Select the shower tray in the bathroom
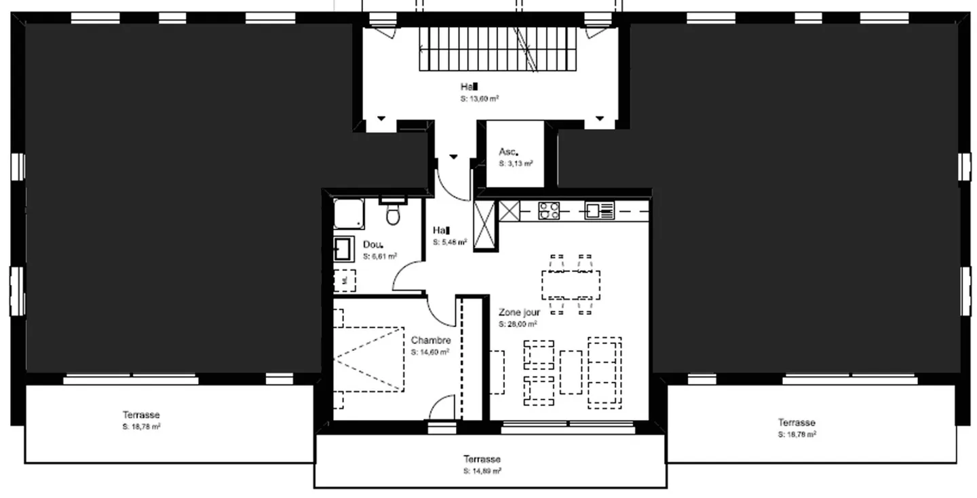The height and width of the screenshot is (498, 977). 348,214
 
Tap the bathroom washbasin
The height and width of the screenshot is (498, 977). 342,249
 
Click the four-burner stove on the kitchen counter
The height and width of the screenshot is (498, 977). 549,211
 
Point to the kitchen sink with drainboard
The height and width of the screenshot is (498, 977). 600,211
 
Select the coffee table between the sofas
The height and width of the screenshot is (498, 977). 571,372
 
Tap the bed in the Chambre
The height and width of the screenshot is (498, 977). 368,358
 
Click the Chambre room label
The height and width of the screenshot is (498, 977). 431,340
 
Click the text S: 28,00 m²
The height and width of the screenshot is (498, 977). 518,324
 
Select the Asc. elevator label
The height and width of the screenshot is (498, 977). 508,152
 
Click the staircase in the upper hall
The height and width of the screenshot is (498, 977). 499,49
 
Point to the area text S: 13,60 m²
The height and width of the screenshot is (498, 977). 480,98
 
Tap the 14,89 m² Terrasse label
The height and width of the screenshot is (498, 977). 482,459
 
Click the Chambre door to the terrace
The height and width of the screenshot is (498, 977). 442,408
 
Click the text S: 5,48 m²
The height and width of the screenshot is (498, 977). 450,242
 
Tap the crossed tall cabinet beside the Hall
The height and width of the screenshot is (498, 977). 485,225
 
